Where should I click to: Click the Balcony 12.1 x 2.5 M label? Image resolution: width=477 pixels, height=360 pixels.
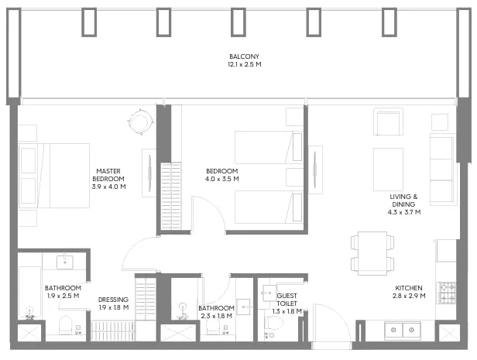244,60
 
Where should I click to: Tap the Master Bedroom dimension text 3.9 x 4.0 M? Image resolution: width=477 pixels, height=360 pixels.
109,187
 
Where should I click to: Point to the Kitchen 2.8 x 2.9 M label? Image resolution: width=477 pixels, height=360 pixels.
409,292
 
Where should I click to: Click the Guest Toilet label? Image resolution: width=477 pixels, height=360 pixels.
287,300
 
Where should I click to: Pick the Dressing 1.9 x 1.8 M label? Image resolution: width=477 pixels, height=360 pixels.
114,303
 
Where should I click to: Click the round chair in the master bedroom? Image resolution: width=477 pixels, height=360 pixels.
140,122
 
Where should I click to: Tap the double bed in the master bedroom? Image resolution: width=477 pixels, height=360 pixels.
54,176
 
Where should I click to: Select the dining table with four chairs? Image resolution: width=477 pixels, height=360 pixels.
372,253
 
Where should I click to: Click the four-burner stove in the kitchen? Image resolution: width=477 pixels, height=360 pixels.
447,293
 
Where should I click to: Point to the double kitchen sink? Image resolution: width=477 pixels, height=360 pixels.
403,330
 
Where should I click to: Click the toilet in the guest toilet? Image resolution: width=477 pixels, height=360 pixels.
274,323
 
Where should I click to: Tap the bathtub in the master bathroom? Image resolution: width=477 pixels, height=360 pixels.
29,293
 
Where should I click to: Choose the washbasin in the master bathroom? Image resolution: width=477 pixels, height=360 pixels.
65,262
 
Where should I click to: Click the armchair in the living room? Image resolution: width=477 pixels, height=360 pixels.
389,122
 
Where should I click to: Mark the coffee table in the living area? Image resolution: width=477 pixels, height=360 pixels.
388,170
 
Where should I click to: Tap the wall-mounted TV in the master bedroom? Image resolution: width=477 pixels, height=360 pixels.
149,173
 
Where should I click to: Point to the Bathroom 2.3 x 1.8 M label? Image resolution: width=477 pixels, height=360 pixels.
216,312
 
